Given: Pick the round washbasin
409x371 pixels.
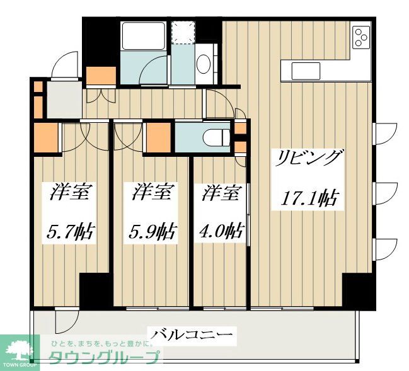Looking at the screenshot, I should click(204, 63).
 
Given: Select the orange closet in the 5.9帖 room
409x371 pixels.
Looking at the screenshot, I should click(158, 137).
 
